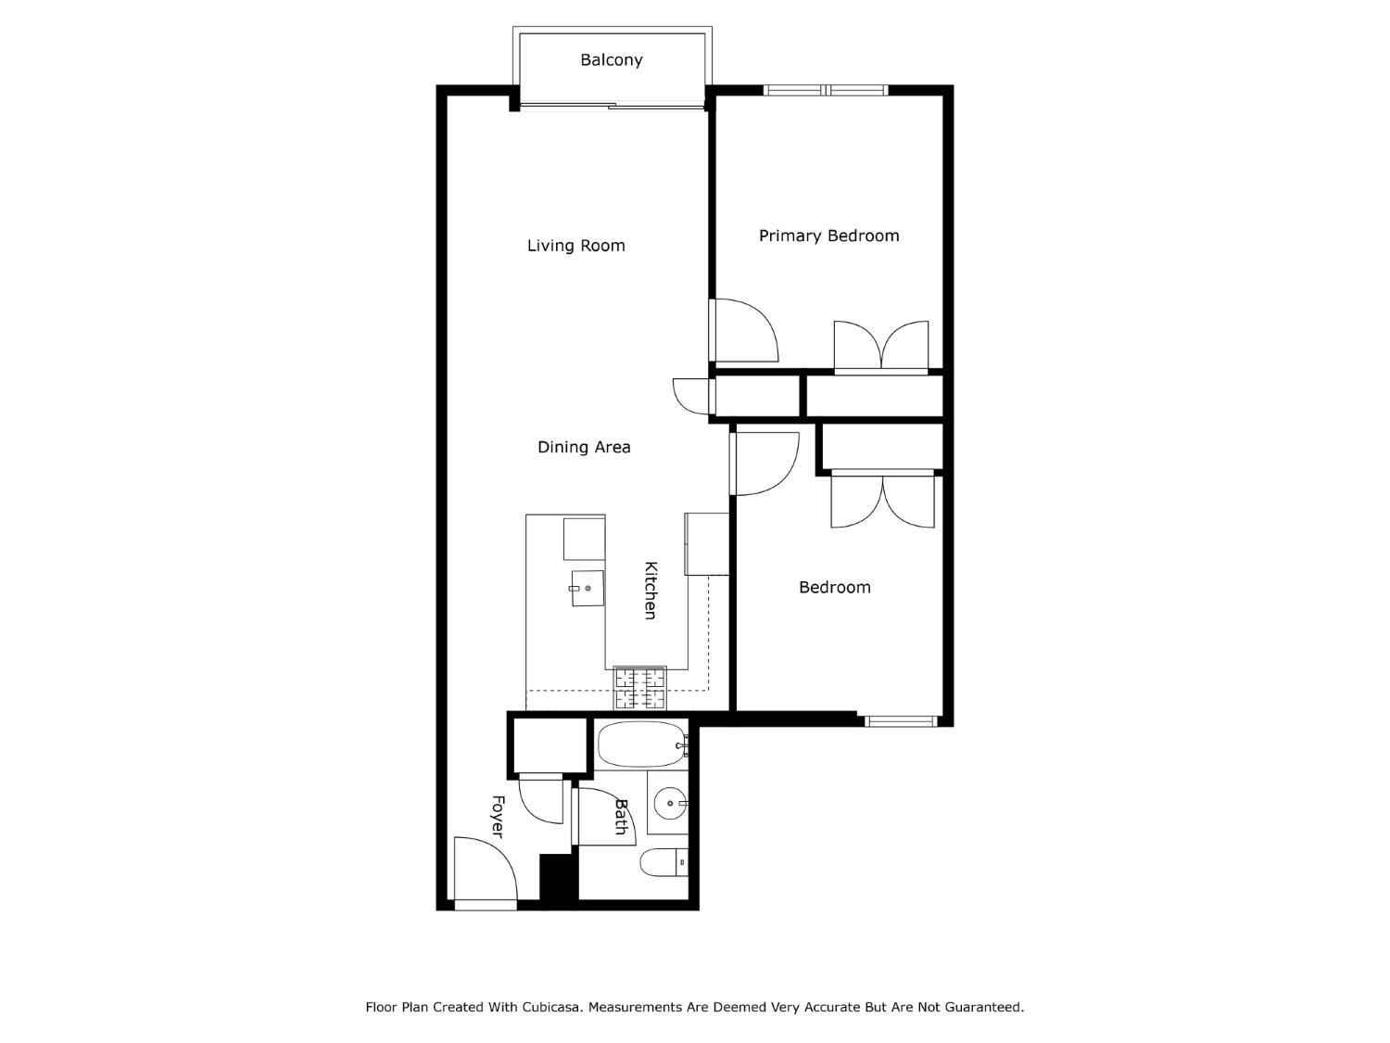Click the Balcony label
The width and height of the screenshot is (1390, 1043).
point(611,60)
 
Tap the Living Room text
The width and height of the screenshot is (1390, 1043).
point(575,246)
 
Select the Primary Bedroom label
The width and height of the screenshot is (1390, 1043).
point(828,235)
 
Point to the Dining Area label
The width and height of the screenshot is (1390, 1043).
point(584,447)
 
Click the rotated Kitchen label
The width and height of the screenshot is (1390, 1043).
point(651,591)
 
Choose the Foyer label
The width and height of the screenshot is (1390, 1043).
point(497,817)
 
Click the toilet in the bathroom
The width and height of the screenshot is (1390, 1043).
point(663,862)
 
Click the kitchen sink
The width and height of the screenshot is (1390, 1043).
point(587,589)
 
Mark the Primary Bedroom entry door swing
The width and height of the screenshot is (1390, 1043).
point(744,330)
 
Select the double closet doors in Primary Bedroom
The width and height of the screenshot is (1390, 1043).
point(881,347)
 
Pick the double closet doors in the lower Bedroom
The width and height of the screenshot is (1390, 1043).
point(882,501)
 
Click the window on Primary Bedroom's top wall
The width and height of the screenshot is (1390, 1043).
point(825,90)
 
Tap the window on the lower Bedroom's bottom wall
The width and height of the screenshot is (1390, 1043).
point(901,720)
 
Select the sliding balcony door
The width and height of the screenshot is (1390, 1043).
point(612,106)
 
